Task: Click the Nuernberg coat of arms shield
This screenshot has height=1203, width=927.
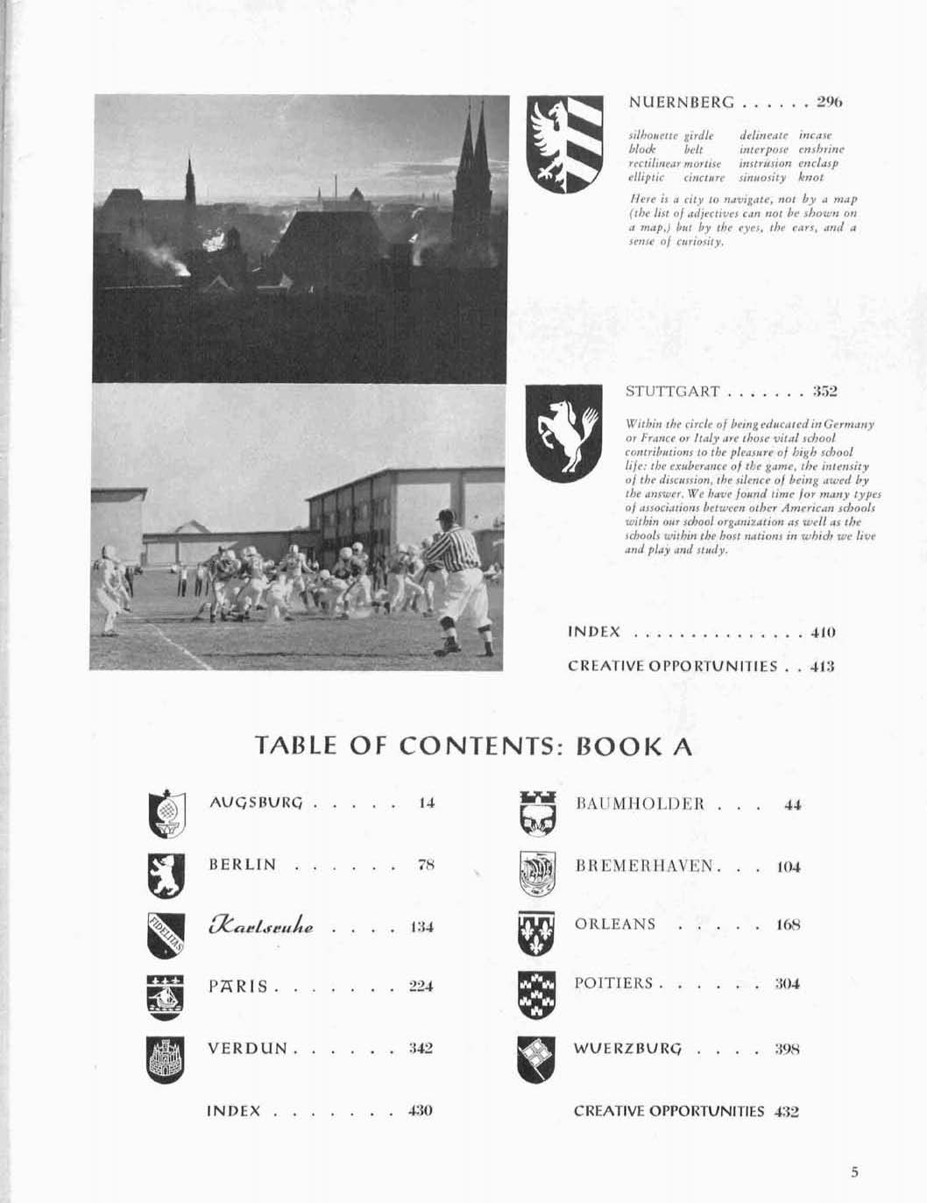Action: [x=564, y=144]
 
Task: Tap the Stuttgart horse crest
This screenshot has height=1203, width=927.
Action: [x=563, y=433]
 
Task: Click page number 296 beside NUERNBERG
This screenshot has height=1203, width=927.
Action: [x=829, y=103]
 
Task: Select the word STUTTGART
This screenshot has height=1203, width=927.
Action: [x=673, y=392]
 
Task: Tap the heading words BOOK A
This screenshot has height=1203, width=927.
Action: [x=634, y=747]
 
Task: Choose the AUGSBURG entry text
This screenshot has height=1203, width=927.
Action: [x=256, y=803]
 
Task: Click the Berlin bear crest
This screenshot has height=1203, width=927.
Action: [x=165, y=875]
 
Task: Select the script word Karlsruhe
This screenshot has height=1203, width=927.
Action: [x=262, y=926]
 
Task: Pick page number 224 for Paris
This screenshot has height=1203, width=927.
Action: [x=421, y=987]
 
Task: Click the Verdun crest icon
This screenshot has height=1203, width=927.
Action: [x=165, y=1059]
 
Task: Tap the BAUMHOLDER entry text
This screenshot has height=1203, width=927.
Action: [x=640, y=804]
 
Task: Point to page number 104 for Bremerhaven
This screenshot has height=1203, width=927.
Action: [x=789, y=867]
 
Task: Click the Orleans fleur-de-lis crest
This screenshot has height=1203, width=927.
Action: [x=536, y=933]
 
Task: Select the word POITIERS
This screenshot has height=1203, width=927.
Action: [x=613, y=984]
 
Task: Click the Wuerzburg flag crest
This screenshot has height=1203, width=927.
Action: [x=536, y=1058]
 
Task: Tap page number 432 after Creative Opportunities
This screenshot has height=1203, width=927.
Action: [x=786, y=1112]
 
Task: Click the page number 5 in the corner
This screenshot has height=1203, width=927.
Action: [x=854, y=1172]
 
